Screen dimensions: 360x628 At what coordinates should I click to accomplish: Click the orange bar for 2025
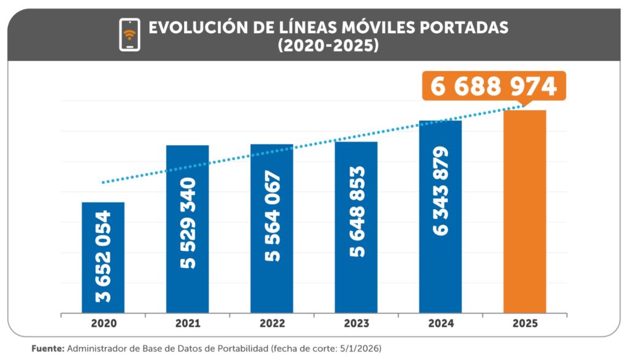click(524, 212)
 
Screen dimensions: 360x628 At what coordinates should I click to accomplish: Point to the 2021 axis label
click(187, 323)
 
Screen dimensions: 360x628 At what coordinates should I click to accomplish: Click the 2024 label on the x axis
click(440, 323)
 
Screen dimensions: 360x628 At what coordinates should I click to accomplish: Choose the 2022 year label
click(272, 323)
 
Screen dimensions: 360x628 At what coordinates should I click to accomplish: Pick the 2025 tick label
click(524, 323)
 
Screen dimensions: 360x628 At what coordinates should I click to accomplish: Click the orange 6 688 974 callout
click(494, 86)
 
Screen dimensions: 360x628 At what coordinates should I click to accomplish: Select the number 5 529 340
click(187, 223)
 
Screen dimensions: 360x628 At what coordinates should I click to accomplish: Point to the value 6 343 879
click(440, 191)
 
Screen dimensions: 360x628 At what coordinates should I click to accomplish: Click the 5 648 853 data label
click(356, 211)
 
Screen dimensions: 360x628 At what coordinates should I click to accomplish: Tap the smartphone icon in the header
click(129, 34)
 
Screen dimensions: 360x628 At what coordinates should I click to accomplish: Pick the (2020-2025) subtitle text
click(327, 46)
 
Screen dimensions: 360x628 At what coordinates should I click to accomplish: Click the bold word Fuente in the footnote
click(47, 348)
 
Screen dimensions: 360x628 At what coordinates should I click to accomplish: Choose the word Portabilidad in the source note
click(240, 348)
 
